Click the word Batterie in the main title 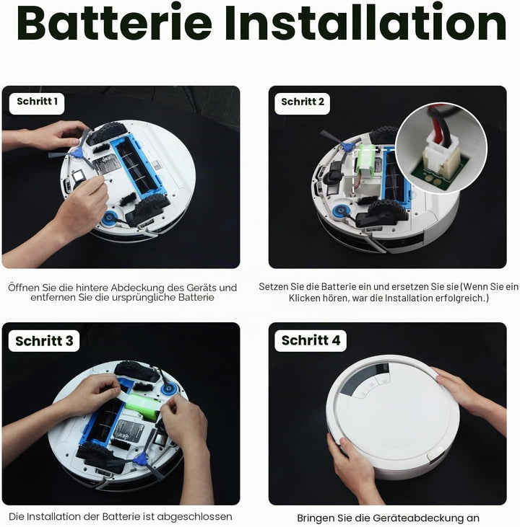114,22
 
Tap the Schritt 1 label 37,102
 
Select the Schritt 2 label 303,102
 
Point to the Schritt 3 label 44,341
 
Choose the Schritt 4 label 311,340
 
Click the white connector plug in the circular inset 440,152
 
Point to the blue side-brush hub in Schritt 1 79,153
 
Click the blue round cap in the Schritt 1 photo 109,218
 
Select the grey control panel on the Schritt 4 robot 365,380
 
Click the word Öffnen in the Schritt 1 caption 24,288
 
